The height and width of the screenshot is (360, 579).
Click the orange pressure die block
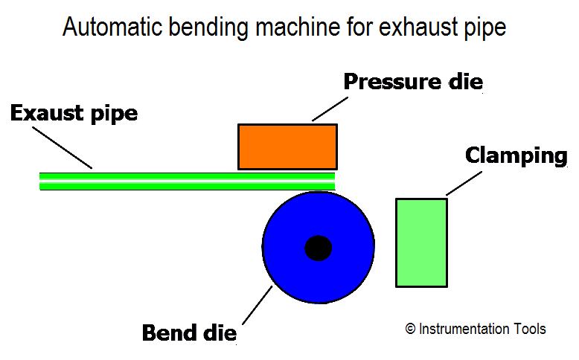(x=287, y=147)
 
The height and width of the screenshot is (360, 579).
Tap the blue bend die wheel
(x=288, y=266)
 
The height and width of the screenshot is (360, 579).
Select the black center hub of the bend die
(x=319, y=248)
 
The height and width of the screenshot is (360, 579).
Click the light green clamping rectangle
(x=421, y=242)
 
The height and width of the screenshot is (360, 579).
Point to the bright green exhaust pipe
(x=188, y=181)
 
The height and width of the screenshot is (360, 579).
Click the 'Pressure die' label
(x=413, y=82)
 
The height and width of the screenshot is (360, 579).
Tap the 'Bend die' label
(x=189, y=332)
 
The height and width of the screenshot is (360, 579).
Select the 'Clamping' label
(x=516, y=155)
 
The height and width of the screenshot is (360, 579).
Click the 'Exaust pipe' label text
(x=74, y=113)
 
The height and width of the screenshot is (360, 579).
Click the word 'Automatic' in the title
(x=112, y=27)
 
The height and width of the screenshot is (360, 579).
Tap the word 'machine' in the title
(x=298, y=27)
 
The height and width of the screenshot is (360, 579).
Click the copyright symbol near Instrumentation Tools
(x=410, y=329)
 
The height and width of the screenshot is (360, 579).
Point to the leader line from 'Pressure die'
(x=330, y=109)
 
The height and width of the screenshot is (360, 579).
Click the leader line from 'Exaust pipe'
(x=62, y=148)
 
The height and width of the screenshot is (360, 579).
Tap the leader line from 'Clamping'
(x=464, y=183)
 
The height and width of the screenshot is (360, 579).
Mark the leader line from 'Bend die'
(x=257, y=306)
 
